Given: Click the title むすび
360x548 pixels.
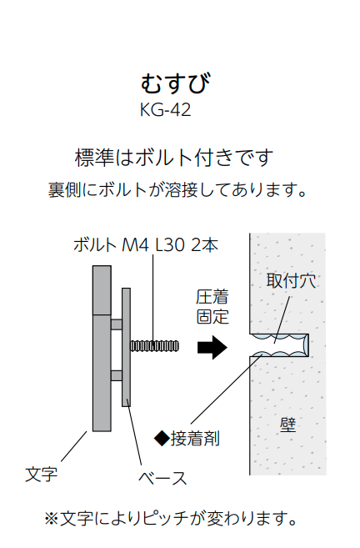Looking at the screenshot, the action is coord(176,83).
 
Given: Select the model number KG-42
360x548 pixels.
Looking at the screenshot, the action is coord(166,110).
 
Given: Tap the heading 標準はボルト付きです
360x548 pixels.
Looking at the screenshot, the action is coord(173,158).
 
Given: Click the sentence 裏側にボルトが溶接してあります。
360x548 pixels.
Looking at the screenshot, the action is coord(177,190).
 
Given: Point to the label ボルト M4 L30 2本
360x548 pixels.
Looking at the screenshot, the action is coord(146,245).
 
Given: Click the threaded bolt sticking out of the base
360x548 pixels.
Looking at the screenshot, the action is coord(154,346).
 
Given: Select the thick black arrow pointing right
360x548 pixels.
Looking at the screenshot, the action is coord(212,347).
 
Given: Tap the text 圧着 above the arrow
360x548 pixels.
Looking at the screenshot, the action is coord(212,297).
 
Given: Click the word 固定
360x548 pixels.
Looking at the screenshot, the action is coord(212,317).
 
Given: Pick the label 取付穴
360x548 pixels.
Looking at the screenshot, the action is coord(291,280).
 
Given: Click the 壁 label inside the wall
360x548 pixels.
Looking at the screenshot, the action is coord(288,425).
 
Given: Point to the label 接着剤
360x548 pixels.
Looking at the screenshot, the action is coord(195,438).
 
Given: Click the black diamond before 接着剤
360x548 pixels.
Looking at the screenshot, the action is coord(162,438).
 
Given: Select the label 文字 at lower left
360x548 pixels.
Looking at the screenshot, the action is coord(41,475).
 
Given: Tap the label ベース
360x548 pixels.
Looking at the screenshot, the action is coord(162,478).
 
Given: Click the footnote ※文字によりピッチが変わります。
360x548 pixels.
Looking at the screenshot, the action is coord(171,518).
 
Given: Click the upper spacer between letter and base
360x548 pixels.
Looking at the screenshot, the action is coord(117,324).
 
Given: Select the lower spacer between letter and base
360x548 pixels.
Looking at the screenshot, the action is coord(117,375).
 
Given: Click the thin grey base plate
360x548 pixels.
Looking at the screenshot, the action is coord(126,347).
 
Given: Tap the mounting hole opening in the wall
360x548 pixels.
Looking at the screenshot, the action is coord(279,345).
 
